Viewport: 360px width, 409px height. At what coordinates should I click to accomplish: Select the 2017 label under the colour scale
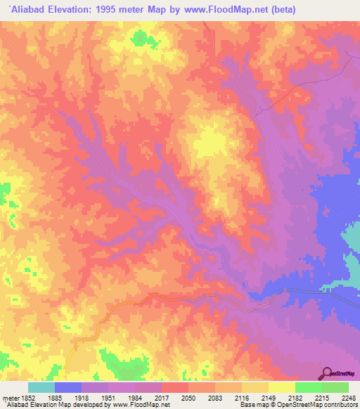(x=161, y=398)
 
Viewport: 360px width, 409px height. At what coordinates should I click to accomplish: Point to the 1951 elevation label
(x=108, y=398)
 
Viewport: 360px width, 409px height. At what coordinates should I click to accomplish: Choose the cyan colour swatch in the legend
(x=41, y=387)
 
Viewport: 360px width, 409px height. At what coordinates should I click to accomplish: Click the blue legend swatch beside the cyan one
(x=67, y=387)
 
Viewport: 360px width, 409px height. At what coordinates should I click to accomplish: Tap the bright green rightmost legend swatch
(x=335, y=387)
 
